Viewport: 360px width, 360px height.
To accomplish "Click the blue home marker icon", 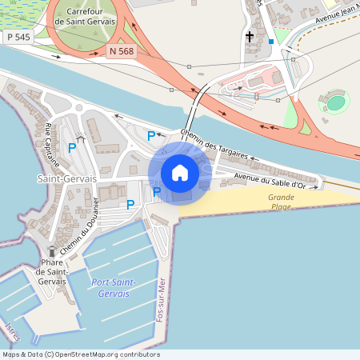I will click(180, 173).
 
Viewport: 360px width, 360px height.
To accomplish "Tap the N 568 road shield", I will click(120, 50).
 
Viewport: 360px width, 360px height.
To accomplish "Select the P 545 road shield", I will click(18, 37).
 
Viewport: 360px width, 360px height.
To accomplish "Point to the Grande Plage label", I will click(281, 202).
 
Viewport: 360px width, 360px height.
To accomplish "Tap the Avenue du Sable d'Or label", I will click(270, 179).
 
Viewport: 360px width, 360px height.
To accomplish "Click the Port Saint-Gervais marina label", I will click(114, 288).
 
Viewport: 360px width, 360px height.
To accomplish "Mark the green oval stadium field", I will click(335, 102).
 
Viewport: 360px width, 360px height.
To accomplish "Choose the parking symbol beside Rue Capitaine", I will click(72, 147).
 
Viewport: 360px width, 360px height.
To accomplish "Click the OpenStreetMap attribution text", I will click(81, 354).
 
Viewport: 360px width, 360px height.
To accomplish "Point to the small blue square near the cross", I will click(271, 41).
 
